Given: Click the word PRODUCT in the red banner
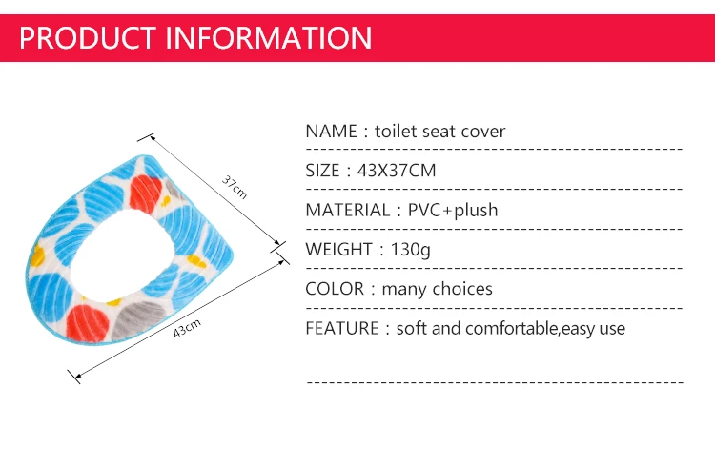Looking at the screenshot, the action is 88,37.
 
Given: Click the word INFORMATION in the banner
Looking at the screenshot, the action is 269,37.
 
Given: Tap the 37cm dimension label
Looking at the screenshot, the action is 235,187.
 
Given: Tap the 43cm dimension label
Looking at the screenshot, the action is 187,328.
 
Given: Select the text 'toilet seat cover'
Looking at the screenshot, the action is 440,132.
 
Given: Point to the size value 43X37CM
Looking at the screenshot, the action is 397,171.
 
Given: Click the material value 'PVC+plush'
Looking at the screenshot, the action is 453,210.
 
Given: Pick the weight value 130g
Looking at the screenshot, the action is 410,250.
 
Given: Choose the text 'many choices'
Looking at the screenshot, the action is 438,289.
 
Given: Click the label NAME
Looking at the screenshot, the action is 331,132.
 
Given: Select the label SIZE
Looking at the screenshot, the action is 322,171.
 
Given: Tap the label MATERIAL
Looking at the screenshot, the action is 347,210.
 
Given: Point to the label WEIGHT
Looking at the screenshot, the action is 338,250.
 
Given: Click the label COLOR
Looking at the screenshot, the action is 335,289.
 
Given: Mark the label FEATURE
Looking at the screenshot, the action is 342,329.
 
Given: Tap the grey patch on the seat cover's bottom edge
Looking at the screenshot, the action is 137,319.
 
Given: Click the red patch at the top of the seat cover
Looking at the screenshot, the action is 145,194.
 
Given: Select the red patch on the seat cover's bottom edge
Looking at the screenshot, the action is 87,323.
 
